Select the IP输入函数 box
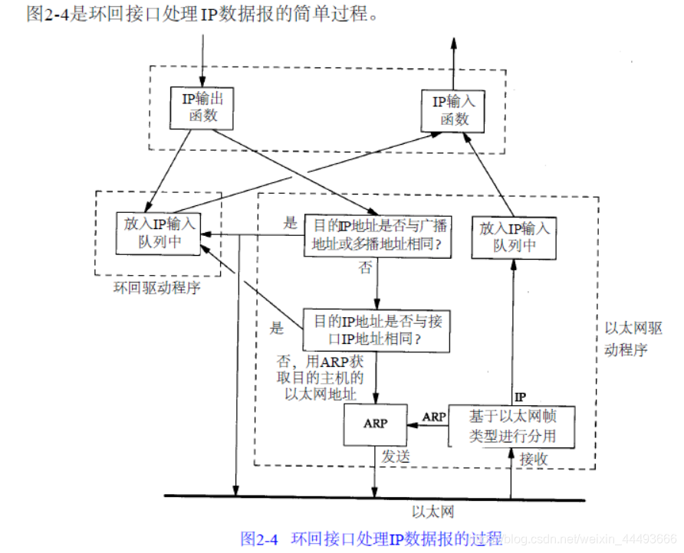(x=454, y=110)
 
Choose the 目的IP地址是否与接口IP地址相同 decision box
(x=377, y=329)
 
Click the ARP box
(x=375, y=423)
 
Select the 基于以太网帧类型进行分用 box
(x=512, y=426)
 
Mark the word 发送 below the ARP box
(x=396, y=456)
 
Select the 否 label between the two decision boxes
(x=365, y=270)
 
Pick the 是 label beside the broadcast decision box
(x=290, y=224)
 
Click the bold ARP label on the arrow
(x=435, y=417)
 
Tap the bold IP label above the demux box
(x=520, y=397)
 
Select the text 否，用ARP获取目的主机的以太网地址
(x=323, y=378)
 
